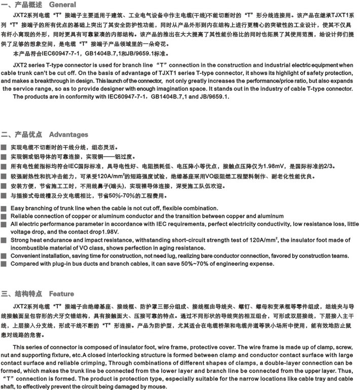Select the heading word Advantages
pyautogui.click(x=68, y=134)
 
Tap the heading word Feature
pyautogui.click(x=61, y=294)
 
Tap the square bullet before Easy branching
pyautogui.click(x=4, y=208)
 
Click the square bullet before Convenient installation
pyautogui.click(x=4, y=256)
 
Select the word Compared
pyautogui.click(x=26, y=264)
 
